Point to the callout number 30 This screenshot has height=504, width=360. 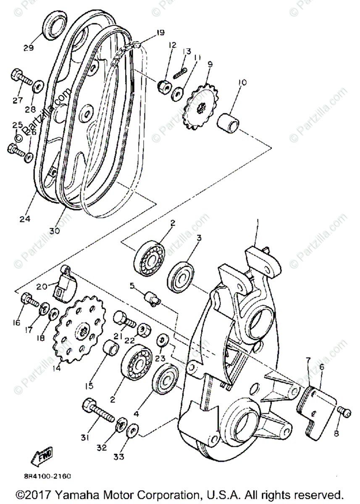[x=54, y=230]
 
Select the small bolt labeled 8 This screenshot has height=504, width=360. [x=344, y=412]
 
